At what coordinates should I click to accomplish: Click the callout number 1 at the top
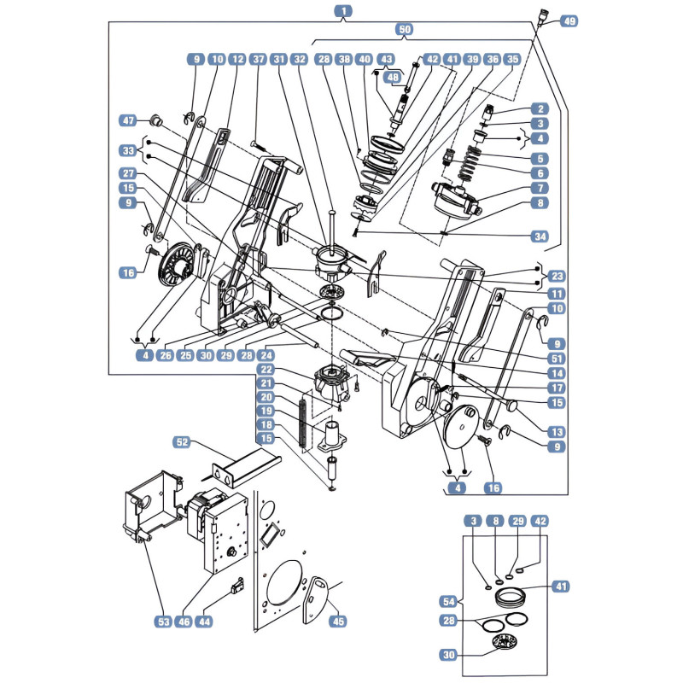point(344,11)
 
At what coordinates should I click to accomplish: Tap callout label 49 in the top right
point(569,20)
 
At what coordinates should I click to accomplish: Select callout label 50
point(405,29)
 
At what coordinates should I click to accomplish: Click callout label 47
point(128,120)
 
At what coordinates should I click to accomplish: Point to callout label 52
point(182,441)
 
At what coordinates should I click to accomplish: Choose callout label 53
point(164,622)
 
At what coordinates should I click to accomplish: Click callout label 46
point(184,622)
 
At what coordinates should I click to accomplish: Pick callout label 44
point(204,622)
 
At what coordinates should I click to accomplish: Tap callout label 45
point(338,622)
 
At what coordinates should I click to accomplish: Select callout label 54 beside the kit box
point(448,602)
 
